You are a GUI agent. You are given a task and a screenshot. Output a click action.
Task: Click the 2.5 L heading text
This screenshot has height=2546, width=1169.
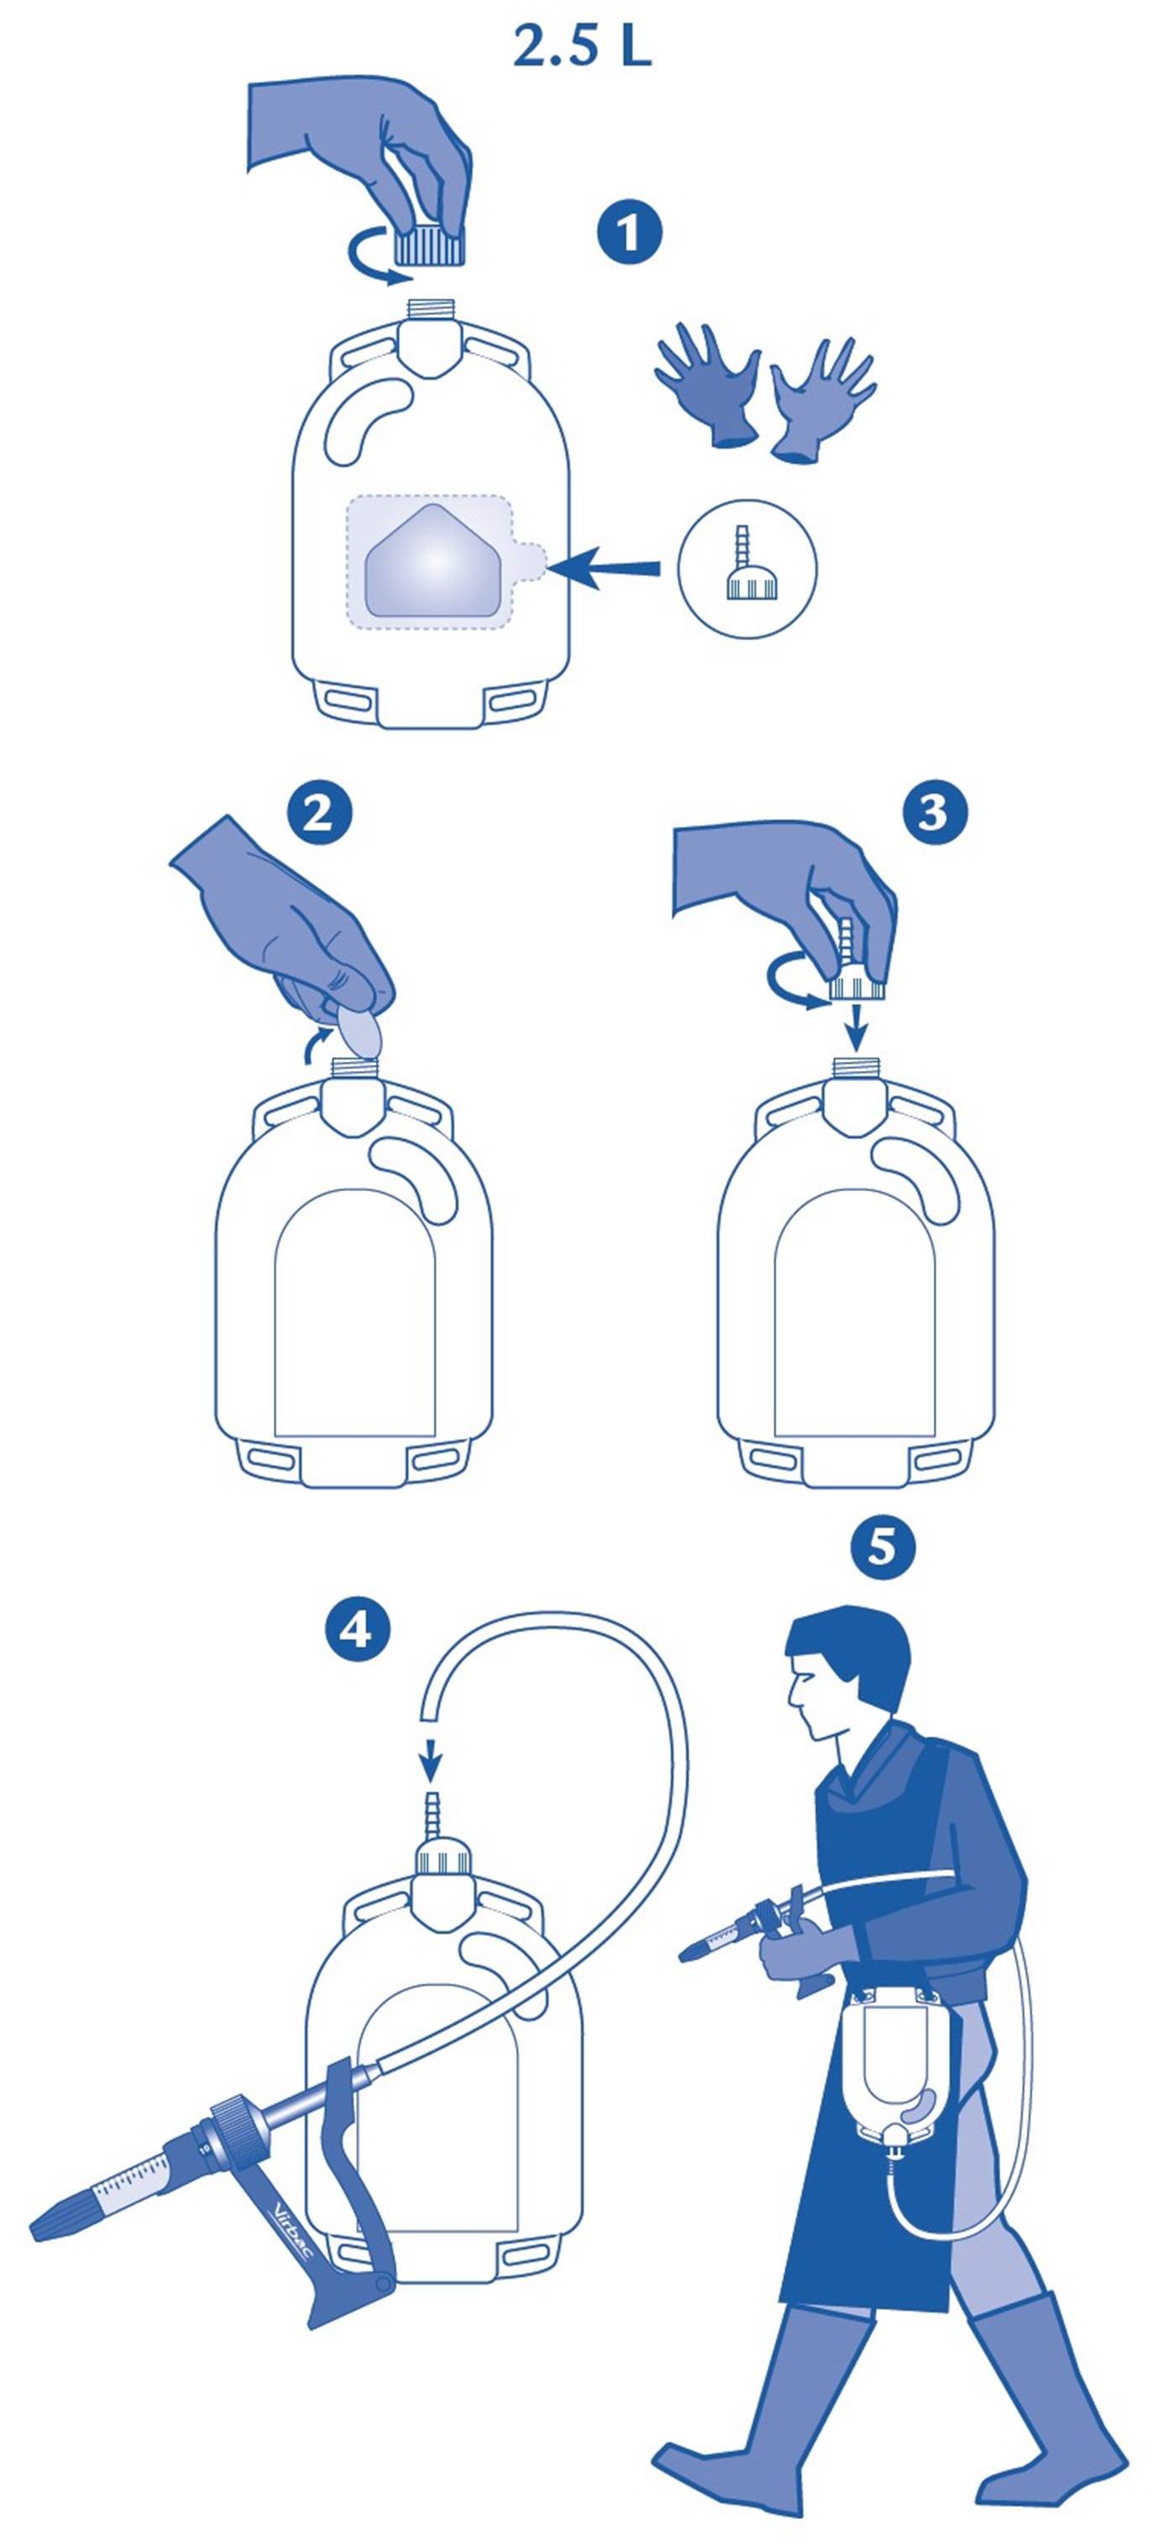(582, 46)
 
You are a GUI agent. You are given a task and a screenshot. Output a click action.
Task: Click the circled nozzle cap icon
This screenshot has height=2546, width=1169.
(747, 570)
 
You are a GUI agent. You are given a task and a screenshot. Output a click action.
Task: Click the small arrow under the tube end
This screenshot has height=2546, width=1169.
(431, 1762)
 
